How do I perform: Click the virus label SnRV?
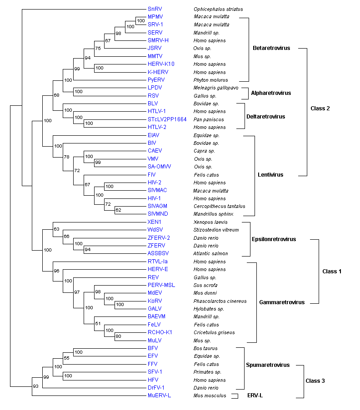coord(154,9)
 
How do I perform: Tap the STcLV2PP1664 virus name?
coord(167,119)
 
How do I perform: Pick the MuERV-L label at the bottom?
coord(159,395)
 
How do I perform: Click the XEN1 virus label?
coord(154,222)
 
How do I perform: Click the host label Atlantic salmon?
coord(210,253)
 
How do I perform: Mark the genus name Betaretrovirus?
coord(271,48)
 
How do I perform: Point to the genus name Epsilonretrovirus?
coord(274,239)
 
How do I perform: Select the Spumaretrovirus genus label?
coord(268,365)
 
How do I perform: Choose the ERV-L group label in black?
coord(255,395)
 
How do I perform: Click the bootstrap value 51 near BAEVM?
coord(98,323)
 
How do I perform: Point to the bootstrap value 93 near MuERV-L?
coord(36,386)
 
